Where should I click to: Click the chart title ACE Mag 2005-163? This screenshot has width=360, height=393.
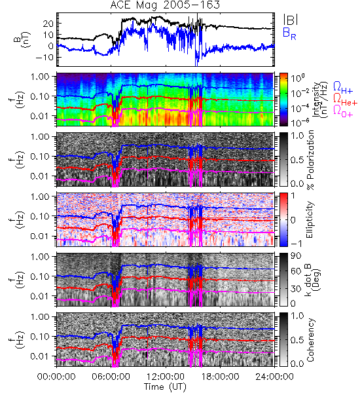tap(165, 5)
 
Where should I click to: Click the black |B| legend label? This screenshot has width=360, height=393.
tap(291, 20)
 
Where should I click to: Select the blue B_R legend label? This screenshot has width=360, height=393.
tap(289, 33)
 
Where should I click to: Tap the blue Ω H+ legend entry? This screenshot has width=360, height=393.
tap(343, 88)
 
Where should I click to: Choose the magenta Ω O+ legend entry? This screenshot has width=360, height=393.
tap(343, 111)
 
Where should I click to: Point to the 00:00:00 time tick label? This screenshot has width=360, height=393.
tap(56, 377)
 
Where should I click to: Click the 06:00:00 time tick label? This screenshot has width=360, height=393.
tap(111, 377)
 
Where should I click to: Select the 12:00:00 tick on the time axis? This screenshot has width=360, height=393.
tap(166, 377)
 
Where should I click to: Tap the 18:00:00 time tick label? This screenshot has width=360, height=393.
tap(220, 377)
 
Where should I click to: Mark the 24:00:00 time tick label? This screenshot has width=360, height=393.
tap(274, 377)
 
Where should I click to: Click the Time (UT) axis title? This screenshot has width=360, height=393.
tap(165, 387)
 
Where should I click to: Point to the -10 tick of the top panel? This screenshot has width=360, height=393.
tap(45, 57)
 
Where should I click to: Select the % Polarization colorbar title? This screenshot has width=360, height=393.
tap(311, 160)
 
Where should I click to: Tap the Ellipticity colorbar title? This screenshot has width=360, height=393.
tap(310, 219)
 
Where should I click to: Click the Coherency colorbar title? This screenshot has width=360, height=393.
tap(310, 340)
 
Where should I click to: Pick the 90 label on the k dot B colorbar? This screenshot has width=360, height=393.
tap(296, 256)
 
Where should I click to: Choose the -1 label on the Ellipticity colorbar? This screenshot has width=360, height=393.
tap(296, 244)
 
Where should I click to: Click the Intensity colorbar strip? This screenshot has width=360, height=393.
tap(283, 100)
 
